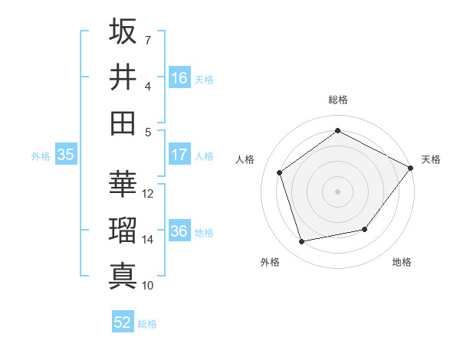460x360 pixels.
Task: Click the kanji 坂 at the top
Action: [123, 31]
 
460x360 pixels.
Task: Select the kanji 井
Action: [123, 77]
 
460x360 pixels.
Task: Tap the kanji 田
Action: [123, 123]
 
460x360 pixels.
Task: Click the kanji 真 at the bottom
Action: [123, 275]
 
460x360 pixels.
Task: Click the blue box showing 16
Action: [179, 78]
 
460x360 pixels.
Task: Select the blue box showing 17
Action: [179, 155]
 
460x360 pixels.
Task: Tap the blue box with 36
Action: [179, 232]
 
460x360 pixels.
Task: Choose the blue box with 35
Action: [66, 155]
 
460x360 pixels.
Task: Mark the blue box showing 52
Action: [123, 322]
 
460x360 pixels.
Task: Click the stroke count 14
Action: [148, 240]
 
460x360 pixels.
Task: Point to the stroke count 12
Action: [149, 194]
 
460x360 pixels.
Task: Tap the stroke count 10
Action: [148, 286]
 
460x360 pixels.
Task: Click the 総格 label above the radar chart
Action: [338, 100]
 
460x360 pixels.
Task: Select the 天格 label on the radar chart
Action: [431, 159]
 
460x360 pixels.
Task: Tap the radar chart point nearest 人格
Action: [279, 172]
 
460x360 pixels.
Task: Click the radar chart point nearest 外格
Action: [302, 242]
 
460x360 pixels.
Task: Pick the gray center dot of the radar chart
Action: [338, 191]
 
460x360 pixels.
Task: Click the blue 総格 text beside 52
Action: [147, 324]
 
